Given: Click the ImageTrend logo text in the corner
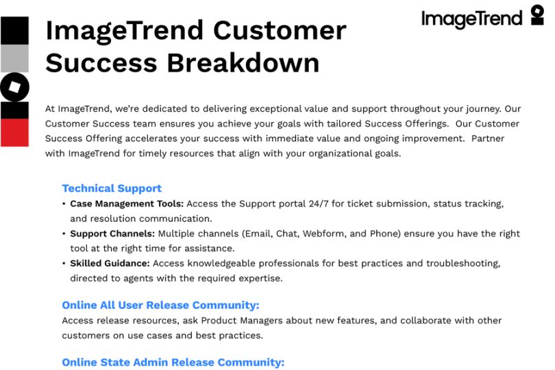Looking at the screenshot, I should pos(471,18).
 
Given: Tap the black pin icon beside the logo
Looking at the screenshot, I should pos(537,15).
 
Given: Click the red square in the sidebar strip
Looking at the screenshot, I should pos(14,132).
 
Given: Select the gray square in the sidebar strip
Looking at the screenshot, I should pos(14,58).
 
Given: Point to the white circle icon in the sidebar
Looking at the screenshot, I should pos(14,87).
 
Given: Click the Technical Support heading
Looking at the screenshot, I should pos(112,188).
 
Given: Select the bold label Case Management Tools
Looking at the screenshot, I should pos(127,204).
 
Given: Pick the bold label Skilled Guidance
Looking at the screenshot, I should pos(110,263).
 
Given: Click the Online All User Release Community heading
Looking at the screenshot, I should pos(160,305).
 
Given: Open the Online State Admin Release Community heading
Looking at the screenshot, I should pos(173,362).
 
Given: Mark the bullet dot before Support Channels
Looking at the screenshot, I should pos(64,234).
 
